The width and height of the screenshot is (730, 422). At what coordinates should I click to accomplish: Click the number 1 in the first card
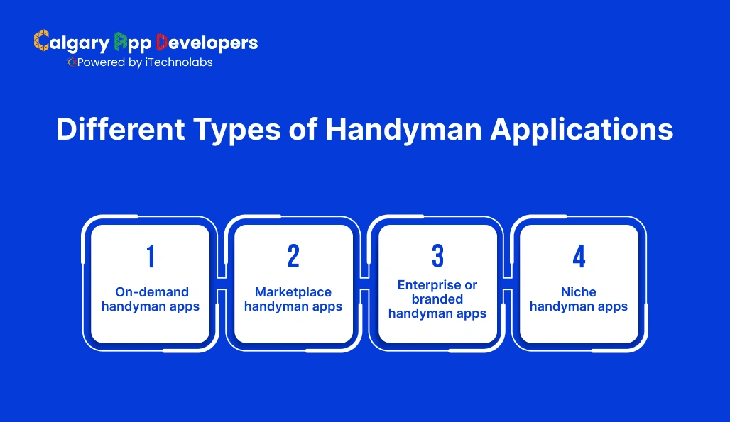[x=151, y=257]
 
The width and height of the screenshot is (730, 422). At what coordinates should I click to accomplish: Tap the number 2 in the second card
[x=293, y=257]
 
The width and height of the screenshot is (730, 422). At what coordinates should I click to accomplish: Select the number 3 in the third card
[x=437, y=256]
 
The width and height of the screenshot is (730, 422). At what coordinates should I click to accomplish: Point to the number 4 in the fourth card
[x=579, y=257]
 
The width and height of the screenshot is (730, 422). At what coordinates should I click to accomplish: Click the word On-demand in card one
[x=152, y=292]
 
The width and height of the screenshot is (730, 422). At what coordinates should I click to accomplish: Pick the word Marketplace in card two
[x=293, y=292]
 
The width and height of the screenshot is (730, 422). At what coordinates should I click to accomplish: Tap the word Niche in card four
[x=579, y=292]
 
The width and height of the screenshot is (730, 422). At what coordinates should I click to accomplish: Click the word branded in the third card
[x=437, y=299]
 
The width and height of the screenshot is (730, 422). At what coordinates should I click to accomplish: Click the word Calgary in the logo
[x=72, y=43]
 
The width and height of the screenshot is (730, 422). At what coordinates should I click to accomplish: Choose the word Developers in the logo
[x=207, y=43]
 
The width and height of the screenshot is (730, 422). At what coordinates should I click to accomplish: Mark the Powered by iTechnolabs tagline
[x=141, y=62]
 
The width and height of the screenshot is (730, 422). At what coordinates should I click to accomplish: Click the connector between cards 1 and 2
[x=222, y=282]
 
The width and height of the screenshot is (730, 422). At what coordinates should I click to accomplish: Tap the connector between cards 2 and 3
[x=365, y=282]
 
